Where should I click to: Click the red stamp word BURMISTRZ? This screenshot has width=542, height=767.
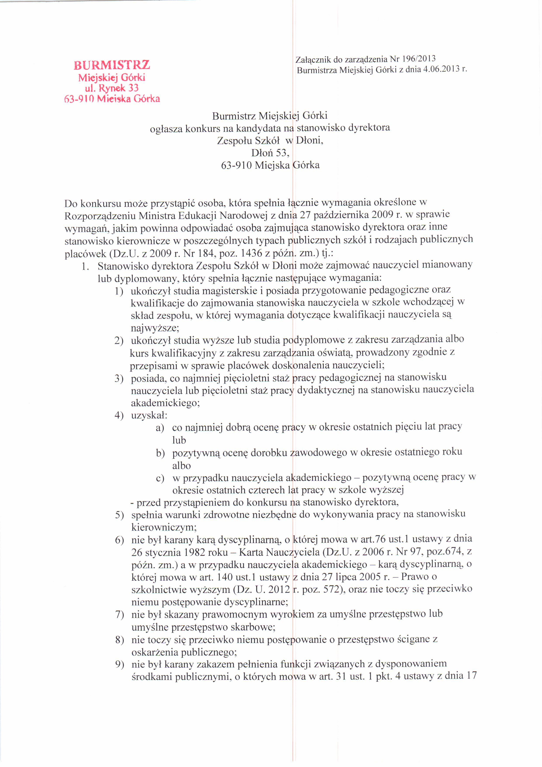click(112, 64)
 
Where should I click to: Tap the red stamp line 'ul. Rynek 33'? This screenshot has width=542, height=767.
click(111, 88)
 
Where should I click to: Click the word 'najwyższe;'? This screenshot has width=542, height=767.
click(155, 328)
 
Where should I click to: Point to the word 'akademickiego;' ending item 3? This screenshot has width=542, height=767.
click(165, 403)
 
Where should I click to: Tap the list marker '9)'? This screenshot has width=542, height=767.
click(120, 664)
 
